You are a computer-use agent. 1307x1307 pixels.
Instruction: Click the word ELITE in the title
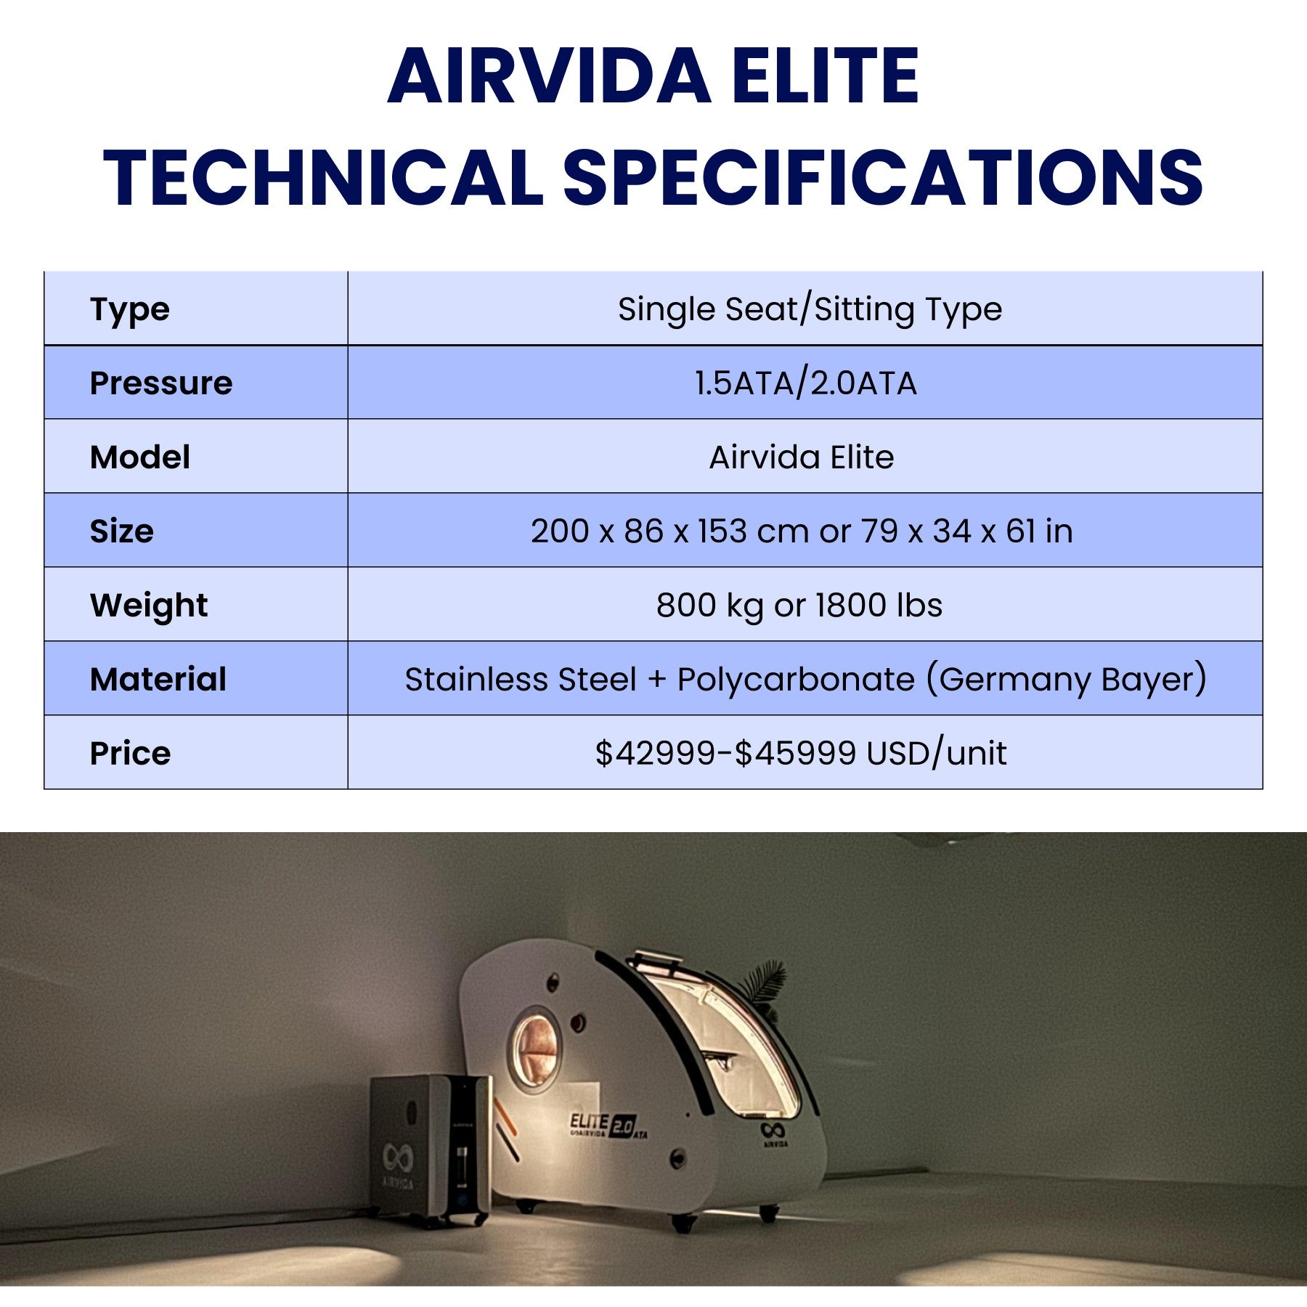(826, 76)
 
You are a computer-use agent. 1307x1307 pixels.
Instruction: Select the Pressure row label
(161, 383)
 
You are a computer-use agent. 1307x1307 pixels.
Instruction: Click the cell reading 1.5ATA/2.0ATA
(805, 383)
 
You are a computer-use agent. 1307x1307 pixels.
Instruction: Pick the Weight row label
(149, 605)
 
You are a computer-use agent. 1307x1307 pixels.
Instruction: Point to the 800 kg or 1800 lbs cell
(799, 605)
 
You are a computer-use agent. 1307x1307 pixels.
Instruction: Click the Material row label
(158, 679)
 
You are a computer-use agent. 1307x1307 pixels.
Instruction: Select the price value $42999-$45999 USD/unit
(801, 753)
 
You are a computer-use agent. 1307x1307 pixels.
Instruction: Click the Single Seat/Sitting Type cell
(810, 309)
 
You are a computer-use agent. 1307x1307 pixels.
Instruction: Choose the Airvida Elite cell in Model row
(801, 457)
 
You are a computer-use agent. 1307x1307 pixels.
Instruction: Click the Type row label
(130, 309)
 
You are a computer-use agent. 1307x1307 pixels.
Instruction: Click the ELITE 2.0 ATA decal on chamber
(606, 1125)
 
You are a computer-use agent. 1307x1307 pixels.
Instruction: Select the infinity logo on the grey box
(397, 1157)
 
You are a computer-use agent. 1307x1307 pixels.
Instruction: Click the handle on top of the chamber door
(657, 959)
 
